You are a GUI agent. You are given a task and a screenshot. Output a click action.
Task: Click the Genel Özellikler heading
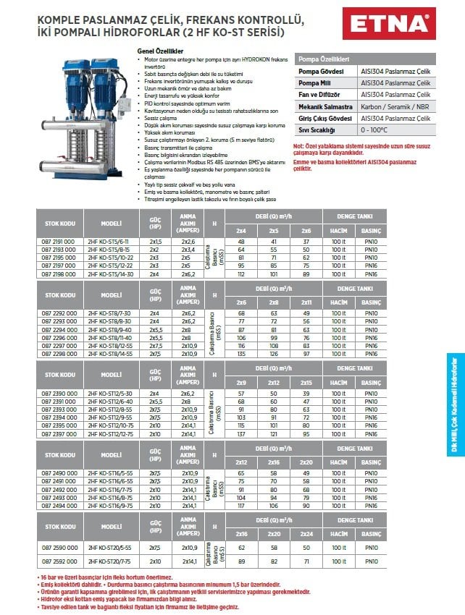pyautogui.click(x=160, y=51)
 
